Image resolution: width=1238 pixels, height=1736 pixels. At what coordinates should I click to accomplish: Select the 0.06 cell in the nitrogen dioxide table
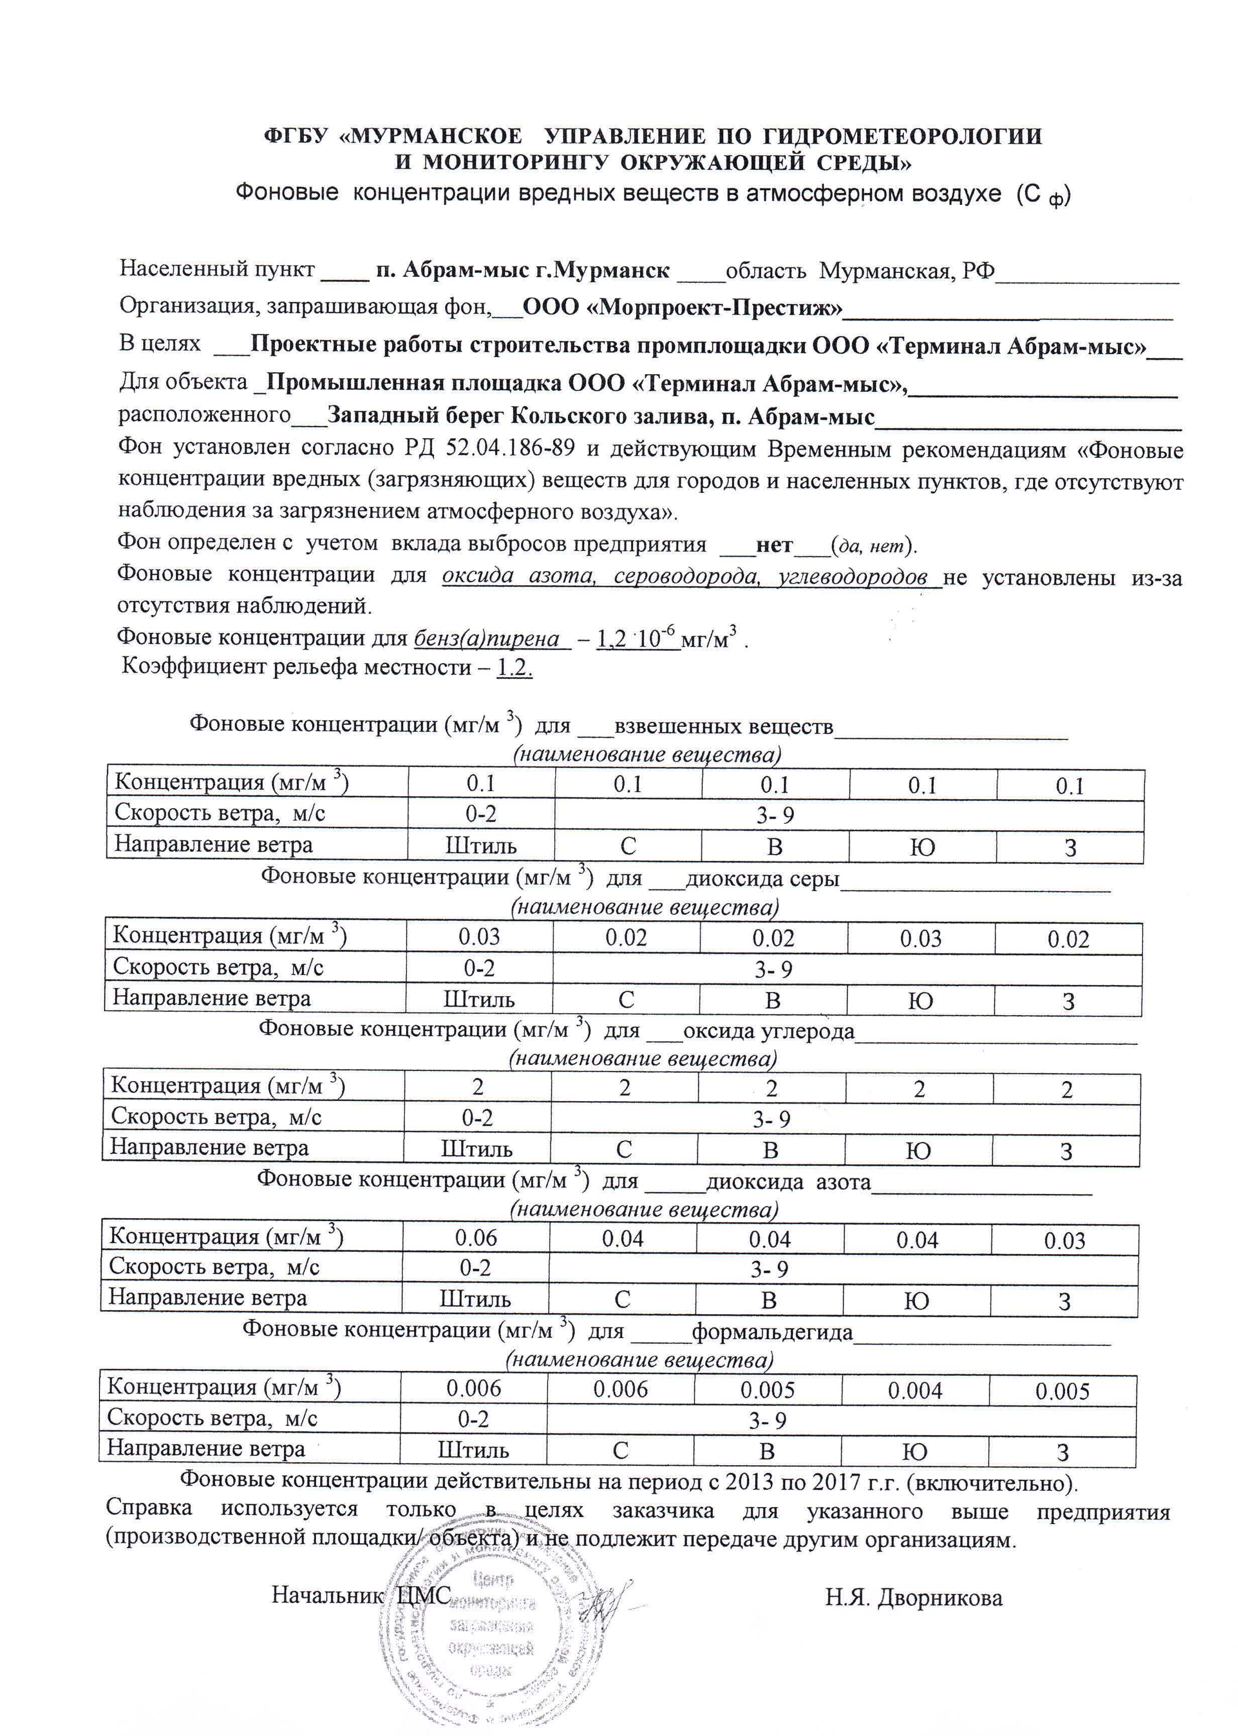[476, 1238]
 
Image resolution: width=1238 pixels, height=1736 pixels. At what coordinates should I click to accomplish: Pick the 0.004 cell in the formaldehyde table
[915, 1391]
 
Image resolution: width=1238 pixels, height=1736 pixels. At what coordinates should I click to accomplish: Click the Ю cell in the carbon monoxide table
[918, 1151]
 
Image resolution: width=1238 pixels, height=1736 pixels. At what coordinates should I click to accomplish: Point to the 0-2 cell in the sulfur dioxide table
[479, 968]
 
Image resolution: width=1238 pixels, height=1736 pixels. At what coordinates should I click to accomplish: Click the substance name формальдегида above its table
[771, 1333]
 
